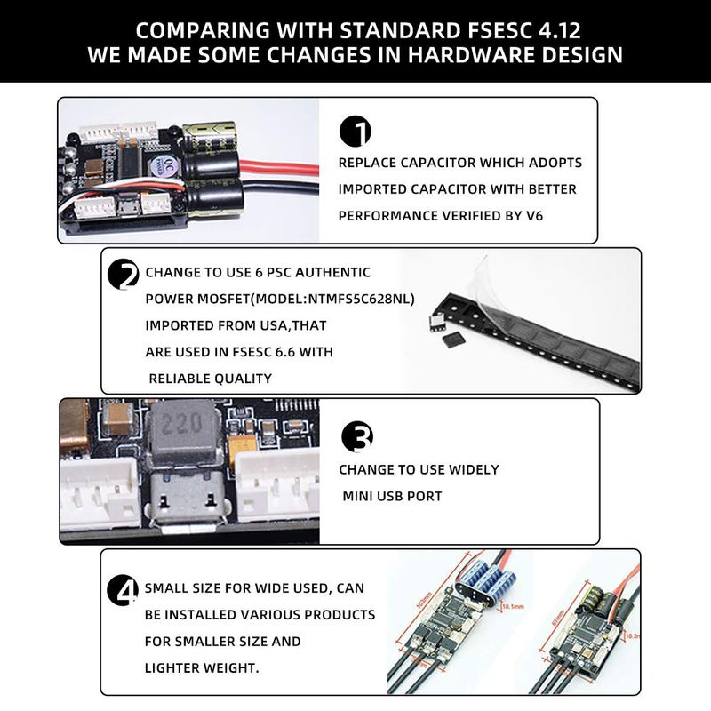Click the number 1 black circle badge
pos(355,131)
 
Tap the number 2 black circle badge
pos(123,275)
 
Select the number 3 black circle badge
pos(357,436)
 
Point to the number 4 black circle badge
pos(123,590)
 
